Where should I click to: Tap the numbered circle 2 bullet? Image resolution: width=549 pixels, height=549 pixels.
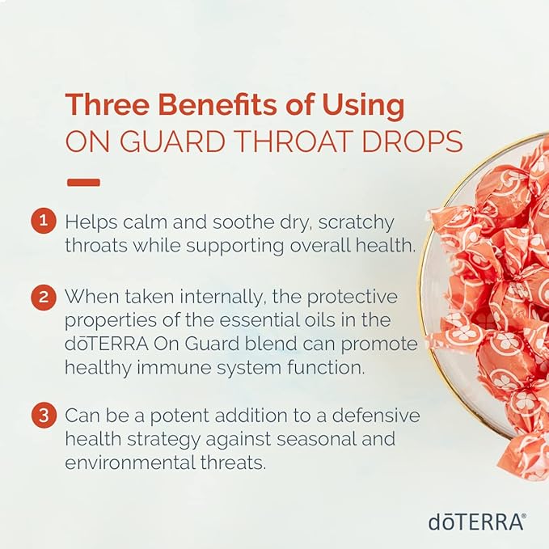coord(43,297)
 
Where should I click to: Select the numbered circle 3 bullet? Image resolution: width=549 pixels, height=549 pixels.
coord(43,417)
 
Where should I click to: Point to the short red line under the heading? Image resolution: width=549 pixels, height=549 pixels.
coord(83,183)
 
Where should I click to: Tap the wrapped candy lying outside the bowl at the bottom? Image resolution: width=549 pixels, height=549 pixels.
coord(526,457)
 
